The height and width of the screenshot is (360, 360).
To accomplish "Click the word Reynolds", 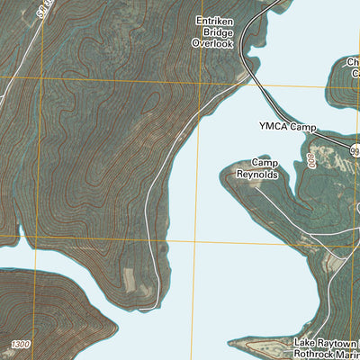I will click(258, 174).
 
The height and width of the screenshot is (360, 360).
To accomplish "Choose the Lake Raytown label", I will click(327, 343).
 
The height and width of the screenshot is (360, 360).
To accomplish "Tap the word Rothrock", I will click(318, 355).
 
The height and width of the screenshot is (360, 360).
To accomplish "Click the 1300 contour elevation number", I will click(21, 346).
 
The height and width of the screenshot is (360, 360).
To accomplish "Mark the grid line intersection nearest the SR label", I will click(42, 79).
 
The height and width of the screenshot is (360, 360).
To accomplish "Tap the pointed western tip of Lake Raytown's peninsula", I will click(229, 344).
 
